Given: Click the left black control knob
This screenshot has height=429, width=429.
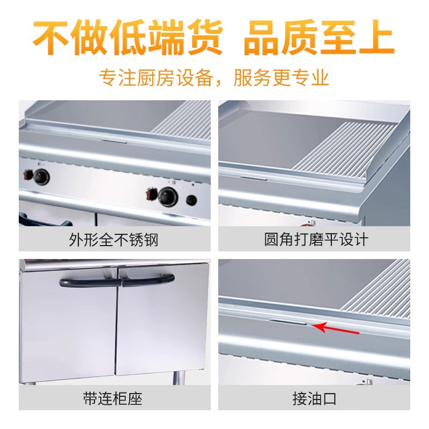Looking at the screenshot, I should [41, 176].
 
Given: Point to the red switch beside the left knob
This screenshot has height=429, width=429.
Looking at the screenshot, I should [27, 174].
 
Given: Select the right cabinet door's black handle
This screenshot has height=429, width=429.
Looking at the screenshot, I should [147, 279].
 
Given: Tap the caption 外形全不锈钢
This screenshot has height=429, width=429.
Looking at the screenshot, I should [114, 239].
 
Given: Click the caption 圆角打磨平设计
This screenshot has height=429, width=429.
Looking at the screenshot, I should [316, 239].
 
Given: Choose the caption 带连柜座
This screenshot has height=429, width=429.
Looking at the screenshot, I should [113, 399].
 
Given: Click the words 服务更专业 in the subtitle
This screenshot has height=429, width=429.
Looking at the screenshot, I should [281, 78].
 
